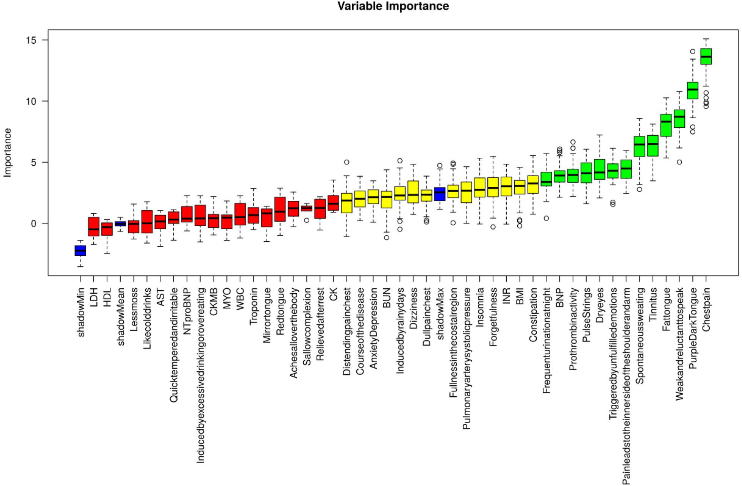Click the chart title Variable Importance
[393, 6]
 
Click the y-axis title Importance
[8, 152]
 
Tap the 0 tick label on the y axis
[33, 223]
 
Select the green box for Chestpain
[706, 56]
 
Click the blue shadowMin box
[80, 251]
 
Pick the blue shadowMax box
[440, 194]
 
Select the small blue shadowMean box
[120, 224]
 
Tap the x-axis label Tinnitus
[653, 304]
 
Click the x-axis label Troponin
[253, 306]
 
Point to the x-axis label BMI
[520, 296]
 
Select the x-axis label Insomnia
[480, 307]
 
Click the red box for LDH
[93, 226]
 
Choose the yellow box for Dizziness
[413, 192]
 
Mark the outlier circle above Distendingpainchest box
[346, 162]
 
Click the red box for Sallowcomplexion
[306, 208]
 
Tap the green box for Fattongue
[666, 125]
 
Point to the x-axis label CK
[333, 294]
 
